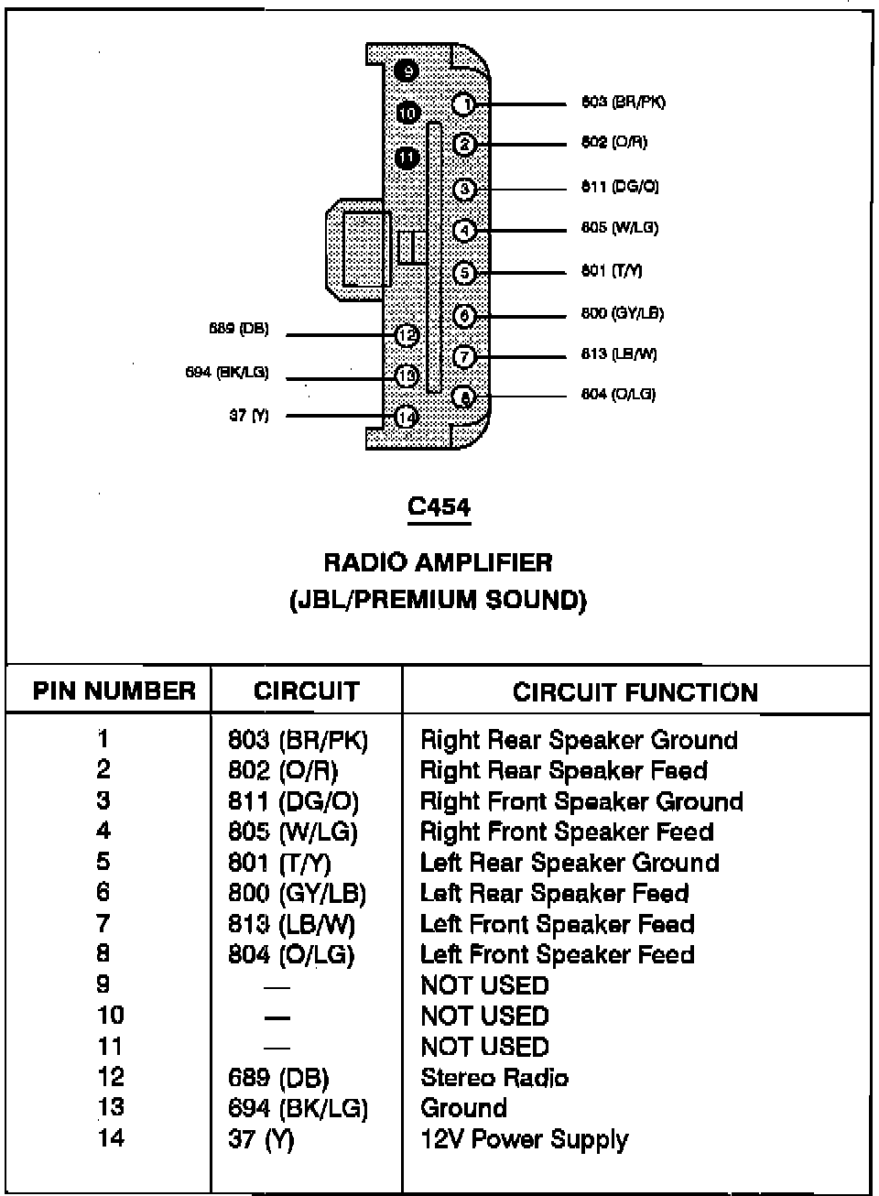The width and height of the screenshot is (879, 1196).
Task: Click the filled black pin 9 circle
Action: click(408, 71)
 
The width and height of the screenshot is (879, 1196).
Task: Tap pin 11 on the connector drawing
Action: click(407, 158)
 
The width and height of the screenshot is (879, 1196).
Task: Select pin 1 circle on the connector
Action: click(465, 104)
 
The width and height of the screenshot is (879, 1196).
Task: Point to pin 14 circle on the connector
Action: click(407, 418)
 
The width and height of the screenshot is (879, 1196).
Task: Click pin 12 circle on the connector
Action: click(407, 336)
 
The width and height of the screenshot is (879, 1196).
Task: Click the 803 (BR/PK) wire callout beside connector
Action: click(623, 102)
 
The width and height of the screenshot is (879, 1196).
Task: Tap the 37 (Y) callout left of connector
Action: click(249, 415)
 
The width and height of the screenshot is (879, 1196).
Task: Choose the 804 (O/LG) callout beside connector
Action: click(618, 395)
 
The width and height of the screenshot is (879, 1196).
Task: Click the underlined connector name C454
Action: click(439, 506)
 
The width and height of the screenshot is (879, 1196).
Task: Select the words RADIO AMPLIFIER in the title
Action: click(438, 561)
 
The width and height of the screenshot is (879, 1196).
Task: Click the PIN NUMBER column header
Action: click(114, 690)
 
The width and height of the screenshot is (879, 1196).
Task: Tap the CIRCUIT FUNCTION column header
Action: click(635, 691)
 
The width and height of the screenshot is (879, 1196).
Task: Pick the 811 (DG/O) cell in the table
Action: click(293, 802)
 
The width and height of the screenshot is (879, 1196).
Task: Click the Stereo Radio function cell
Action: click(494, 1078)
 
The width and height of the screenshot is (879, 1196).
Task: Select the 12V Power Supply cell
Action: click(524, 1139)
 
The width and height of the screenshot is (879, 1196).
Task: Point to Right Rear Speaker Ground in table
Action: click(579, 740)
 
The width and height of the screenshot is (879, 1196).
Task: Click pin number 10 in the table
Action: click(110, 1016)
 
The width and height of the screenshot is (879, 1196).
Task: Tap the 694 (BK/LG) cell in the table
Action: click(298, 1108)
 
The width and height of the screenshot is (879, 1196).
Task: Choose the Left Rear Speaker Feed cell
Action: click(554, 893)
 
